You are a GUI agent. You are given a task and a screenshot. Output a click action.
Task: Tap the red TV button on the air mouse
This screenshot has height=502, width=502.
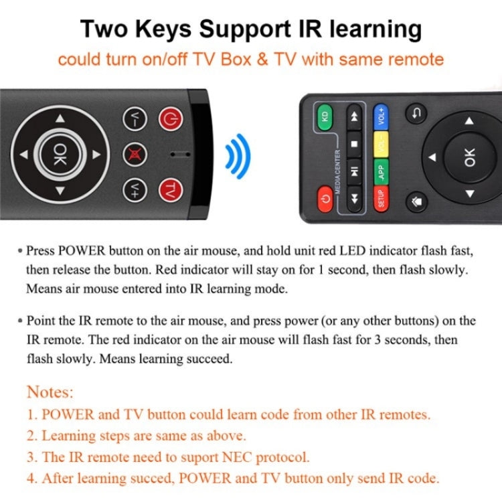click(171, 189)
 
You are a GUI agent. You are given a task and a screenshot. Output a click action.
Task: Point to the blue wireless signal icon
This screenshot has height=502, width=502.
click(238, 155)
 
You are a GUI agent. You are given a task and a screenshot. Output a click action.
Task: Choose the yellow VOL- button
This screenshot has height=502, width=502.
click(381, 144)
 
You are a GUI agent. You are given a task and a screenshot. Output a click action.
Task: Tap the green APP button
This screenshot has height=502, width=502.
click(381, 171)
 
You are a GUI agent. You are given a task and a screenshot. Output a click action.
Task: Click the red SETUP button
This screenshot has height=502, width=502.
click(381, 199)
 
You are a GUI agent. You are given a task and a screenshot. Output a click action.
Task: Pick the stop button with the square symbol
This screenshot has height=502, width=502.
click(354, 144)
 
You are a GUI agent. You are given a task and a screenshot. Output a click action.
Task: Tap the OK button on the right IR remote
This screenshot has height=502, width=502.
click(469, 157)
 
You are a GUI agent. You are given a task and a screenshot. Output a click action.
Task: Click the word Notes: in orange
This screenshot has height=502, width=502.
click(50, 392)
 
